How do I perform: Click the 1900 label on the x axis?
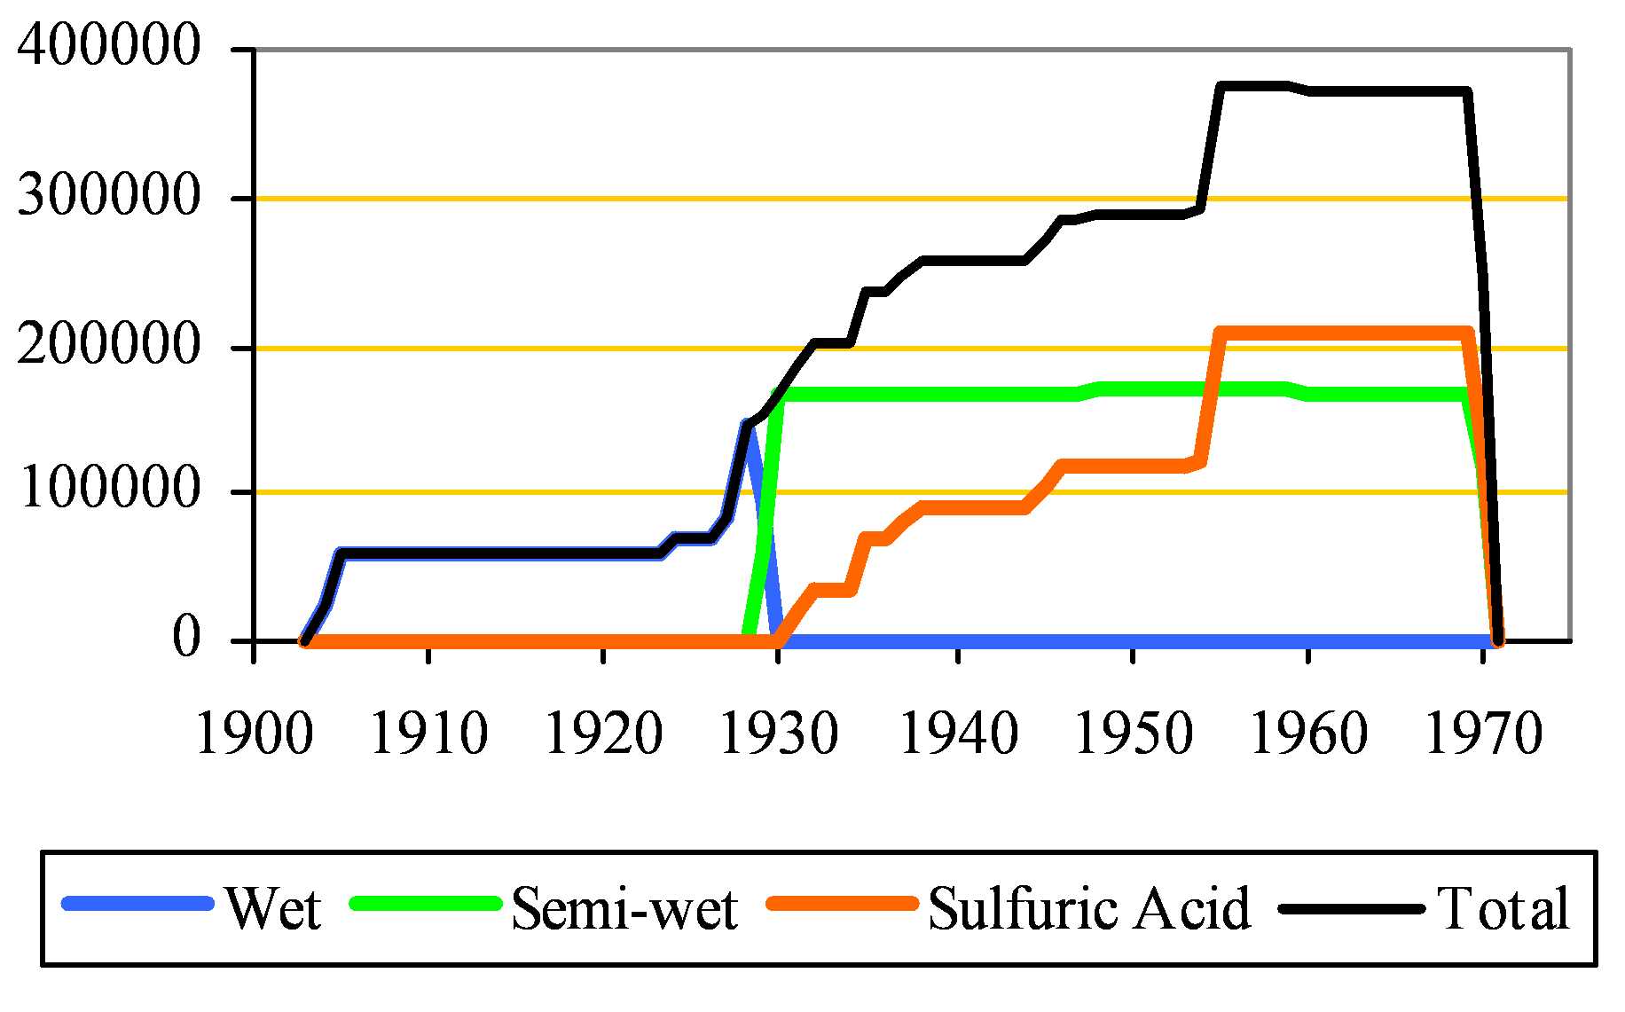pos(254,735)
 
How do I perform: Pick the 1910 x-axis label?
pos(428,735)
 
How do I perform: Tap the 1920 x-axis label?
pos(603,735)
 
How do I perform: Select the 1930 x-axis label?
pos(779,735)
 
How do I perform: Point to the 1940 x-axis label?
pos(958,735)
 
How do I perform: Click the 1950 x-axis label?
pos(1133,735)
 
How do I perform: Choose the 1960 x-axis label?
pos(1307,735)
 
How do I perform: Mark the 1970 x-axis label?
pos(1483,735)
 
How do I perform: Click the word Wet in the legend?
pos(272,908)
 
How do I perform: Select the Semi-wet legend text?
pos(624,908)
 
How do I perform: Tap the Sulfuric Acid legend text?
pos(1089,908)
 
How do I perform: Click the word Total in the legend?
pos(1503,908)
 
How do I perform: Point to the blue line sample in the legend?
pos(138,904)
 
